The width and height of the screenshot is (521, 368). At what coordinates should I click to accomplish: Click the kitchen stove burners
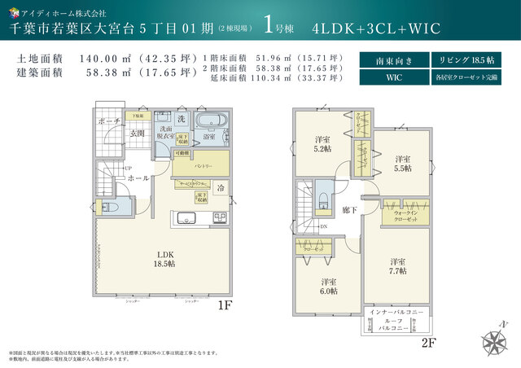[221, 217]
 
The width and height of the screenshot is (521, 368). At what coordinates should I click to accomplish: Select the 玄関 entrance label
[139, 134]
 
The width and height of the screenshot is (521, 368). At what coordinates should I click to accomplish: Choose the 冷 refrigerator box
[221, 188]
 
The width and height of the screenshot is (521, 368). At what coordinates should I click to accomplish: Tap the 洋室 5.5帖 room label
[403, 162]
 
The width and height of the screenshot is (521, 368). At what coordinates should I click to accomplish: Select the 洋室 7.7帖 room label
[396, 266]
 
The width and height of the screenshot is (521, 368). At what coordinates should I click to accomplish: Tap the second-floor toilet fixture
[323, 202]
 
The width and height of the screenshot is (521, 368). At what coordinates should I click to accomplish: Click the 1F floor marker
[225, 307]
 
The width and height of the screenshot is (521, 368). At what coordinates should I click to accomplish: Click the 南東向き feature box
[392, 61]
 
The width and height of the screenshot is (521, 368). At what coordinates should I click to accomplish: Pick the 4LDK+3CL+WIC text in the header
[376, 28]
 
